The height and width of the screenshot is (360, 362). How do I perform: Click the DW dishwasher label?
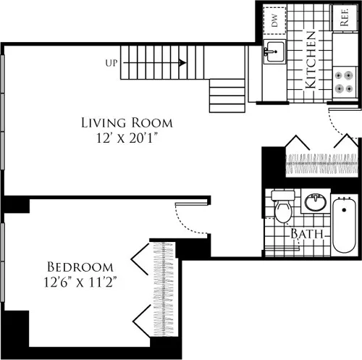coord(275,21)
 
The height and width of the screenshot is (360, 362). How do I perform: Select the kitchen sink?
coord(274,51)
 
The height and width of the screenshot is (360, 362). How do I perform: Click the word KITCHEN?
coord(310,59)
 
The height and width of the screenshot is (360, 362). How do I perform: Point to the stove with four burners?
coord(344,81)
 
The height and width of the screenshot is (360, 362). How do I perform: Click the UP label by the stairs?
coord(111,63)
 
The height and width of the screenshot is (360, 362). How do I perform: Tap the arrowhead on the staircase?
coord(182,63)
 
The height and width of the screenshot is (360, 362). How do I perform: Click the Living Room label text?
coord(127,122)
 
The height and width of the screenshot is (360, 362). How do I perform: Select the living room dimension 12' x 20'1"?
coord(127,138)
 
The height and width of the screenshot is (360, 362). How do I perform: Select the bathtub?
coord(344,222)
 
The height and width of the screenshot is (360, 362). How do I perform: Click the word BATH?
coord(307,234)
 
